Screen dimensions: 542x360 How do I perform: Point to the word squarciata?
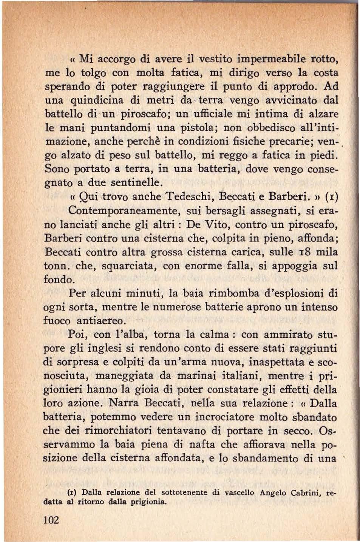[123, 266]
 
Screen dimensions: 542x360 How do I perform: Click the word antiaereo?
[101, 321]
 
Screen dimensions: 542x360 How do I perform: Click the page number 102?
[51, 520]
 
